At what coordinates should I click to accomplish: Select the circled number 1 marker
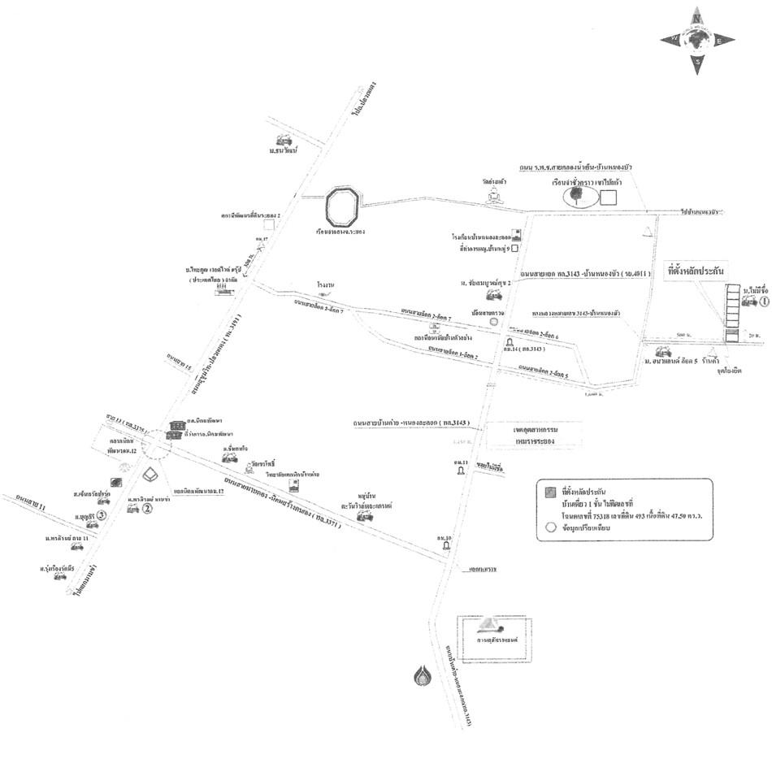(x=765, y=302)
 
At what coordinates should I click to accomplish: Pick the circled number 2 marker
(x=148, y=510)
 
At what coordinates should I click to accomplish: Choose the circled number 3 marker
(x=102, y=515)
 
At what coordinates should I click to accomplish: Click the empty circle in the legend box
(x=550, y=526)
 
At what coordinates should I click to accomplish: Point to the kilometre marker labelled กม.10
(x=446, y=548)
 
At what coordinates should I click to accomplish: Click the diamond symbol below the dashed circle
(x=150, y=473)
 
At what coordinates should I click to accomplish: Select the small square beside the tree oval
(x=609, y=197)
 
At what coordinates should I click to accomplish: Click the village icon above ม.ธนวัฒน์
(x=284, y=138)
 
